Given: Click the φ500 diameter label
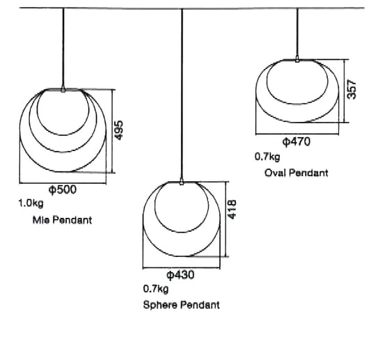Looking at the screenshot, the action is [x=63, y=190].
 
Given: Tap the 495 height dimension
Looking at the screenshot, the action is [x=118, y=130].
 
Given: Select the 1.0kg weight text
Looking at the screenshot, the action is [x=31, y=203].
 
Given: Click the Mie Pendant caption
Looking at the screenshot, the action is [x=62, y=220].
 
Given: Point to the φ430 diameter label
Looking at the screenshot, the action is [x=180, y=275].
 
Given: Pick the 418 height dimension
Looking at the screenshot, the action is [x=232, y=210].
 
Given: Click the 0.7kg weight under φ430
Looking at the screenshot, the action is [x=156, y=289].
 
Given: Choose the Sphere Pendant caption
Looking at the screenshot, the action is [x=181, y=305].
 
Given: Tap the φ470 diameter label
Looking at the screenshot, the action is [x=297, y=142].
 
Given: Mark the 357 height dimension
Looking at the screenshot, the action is [x=352, y=89].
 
